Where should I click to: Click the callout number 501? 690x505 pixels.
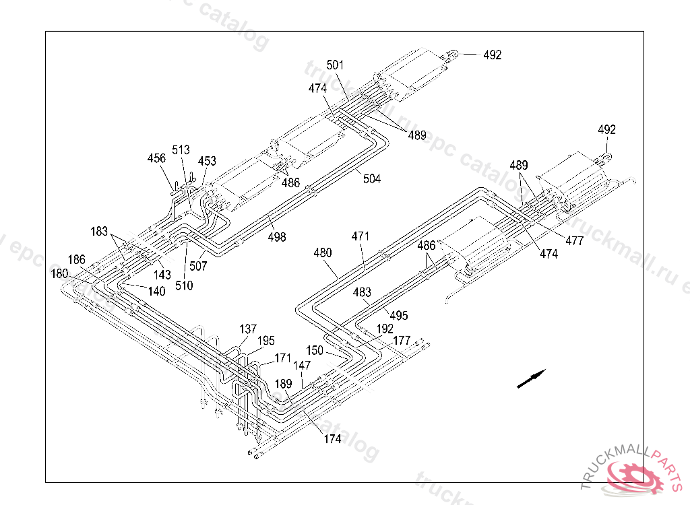click(x=335, y=65)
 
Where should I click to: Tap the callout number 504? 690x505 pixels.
click(x=372, y=178)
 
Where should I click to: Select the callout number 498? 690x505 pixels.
click(x=277, y=237)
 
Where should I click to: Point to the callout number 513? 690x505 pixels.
click(x=181, y=150)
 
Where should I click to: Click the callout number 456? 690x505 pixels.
click(x=156, y=158)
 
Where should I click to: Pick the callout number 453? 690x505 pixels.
click(x=207, y=161)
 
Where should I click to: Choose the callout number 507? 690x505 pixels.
click(x=198, y=266)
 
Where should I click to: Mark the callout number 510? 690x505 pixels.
click(x=184, y=285)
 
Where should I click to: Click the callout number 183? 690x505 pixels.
click(x=99, y=232)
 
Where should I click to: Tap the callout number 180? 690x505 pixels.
click(x=59, y=273)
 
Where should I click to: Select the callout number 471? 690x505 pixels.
click(x=360, y=236)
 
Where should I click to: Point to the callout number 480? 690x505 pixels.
click(x=323, y=252)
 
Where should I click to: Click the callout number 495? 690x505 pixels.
click(x=399, y=315)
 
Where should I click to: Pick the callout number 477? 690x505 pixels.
click(x=575, y=240)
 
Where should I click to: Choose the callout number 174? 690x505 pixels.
click(x=332, y=438)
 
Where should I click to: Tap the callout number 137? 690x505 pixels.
click(x=248, y=329)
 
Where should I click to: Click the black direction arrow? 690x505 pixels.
click(x=532, y=378)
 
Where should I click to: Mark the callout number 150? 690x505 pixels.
click(x=315, y=350)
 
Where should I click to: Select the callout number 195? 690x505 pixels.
click(x=265, y=341)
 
